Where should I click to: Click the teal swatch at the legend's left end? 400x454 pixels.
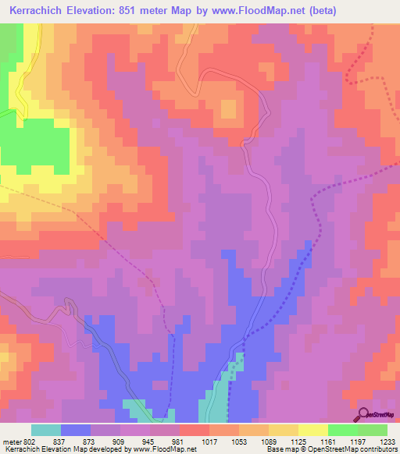coord(46,430)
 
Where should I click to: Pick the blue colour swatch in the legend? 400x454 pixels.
coord(76,430)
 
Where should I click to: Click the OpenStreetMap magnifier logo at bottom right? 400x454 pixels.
coord(363,413)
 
